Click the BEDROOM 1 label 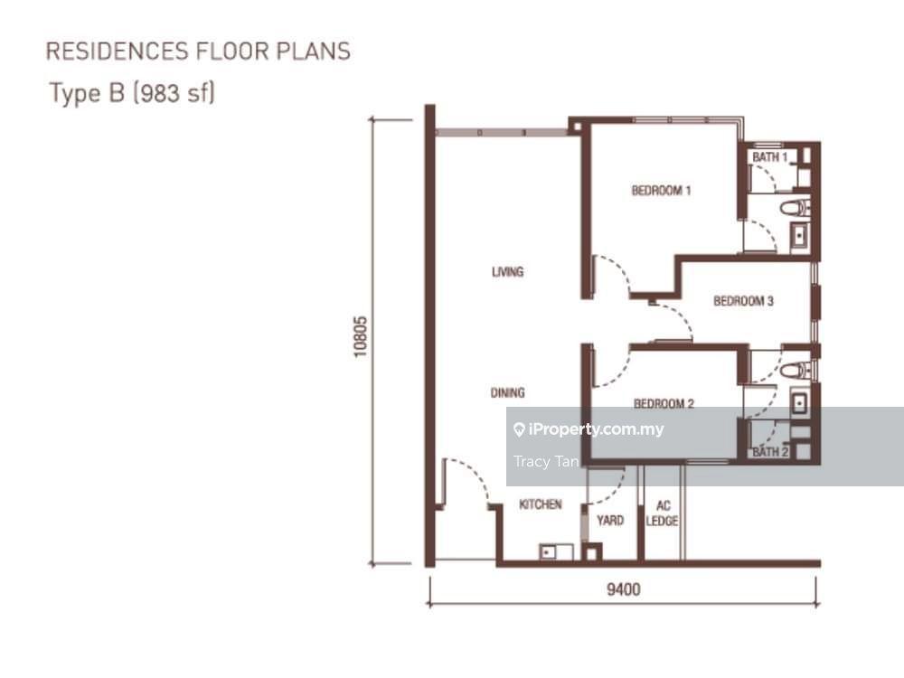(x=662, y=190)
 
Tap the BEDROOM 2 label (x=664, y=403)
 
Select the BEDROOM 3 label (x=743, y=301)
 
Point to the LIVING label (x=507, y=271)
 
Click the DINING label (x=507, y=393)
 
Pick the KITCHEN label (x=541, y=504)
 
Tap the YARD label (x=610, y=521)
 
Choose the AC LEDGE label (x=662, y=513)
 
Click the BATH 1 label (x=769, y=156)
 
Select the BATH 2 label (x=770, y=452)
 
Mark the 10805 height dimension (x=361, y=336)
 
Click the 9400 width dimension (x=623, y=589)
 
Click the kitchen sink (x=556, y=551)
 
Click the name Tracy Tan (x=546, y=462)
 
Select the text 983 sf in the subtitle (x=174, y=93)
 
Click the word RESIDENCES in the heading (x=117, y=52)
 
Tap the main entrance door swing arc (x=472, y=476)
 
